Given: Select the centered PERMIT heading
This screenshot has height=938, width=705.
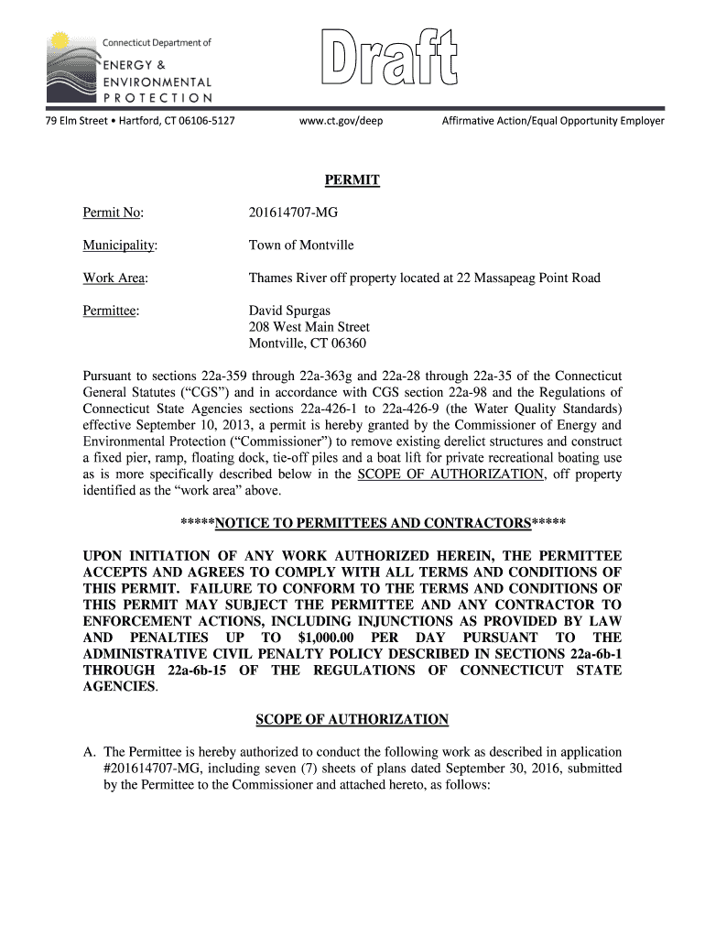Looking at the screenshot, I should click(x=352, y=181).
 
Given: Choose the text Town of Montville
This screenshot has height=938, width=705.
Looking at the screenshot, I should click(x=301, y=245).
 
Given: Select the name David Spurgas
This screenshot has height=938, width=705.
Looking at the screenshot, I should click(x=289, y=311).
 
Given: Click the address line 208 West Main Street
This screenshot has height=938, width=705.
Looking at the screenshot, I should click(x=309, y=327).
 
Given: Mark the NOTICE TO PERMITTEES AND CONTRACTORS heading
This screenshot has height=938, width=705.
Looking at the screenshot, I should click(x=373, y=524).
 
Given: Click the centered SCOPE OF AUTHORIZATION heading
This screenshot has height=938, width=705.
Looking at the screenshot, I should click(x=352, y=719).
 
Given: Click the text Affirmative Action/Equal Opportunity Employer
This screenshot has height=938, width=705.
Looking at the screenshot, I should click(x=553, y=121).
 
